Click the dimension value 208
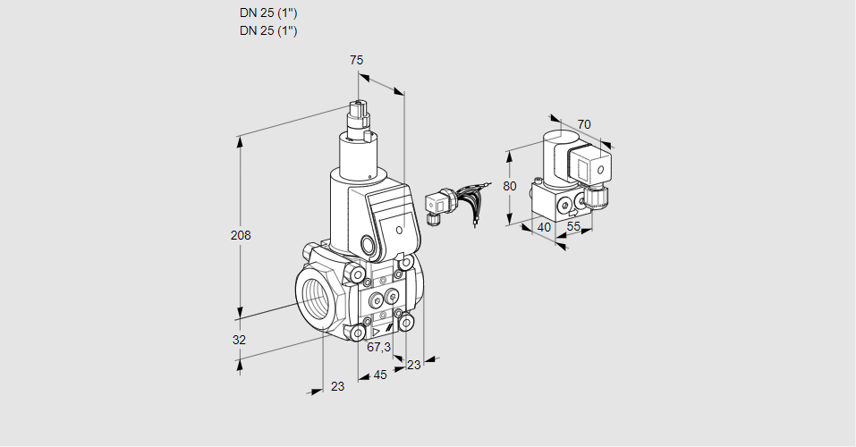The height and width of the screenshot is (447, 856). pyautogui.click(x=241, y=236)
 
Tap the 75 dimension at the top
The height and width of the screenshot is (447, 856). pyautogui.click(x=356, y=60)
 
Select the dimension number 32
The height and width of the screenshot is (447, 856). pyautogui.click(x=239, y=340)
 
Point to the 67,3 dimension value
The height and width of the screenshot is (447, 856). pyautogui.click(x=379, y=347)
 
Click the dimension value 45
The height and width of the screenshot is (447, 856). pyautogui.click(x=380, y=375)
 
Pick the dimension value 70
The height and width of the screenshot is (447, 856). pyautogui.click(x=584, y=124)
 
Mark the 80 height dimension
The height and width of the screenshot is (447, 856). pyautogui.click(x=510, y=187)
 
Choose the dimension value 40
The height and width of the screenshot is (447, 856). pyautogui.click(x=543, y=227)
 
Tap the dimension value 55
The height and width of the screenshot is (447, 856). pyautogui.click(x=574, y=227)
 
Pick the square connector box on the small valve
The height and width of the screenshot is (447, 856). pyautogui.click(x=592, y=166)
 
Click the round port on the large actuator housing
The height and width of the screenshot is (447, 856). pyautogui.click(x=368, y=243)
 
